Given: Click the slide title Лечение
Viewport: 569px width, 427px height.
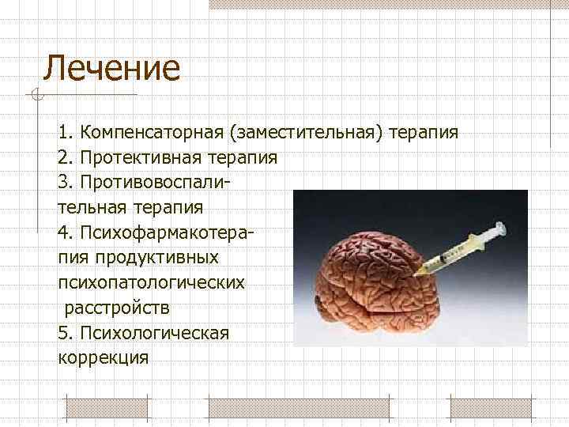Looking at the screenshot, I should pos(111,68).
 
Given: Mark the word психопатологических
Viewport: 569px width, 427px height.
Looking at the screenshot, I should pos(151,282).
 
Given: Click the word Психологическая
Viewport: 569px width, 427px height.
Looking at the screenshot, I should pos(155,332).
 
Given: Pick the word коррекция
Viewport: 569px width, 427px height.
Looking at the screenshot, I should pos(103,357).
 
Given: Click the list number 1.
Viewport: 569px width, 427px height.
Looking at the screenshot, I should pos(65,131).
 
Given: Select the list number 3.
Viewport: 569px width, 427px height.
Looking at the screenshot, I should pos(65,182).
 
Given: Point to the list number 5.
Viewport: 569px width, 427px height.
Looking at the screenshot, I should pos(65,332).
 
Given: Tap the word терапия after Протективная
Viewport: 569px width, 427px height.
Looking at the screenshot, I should pos(245,157).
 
